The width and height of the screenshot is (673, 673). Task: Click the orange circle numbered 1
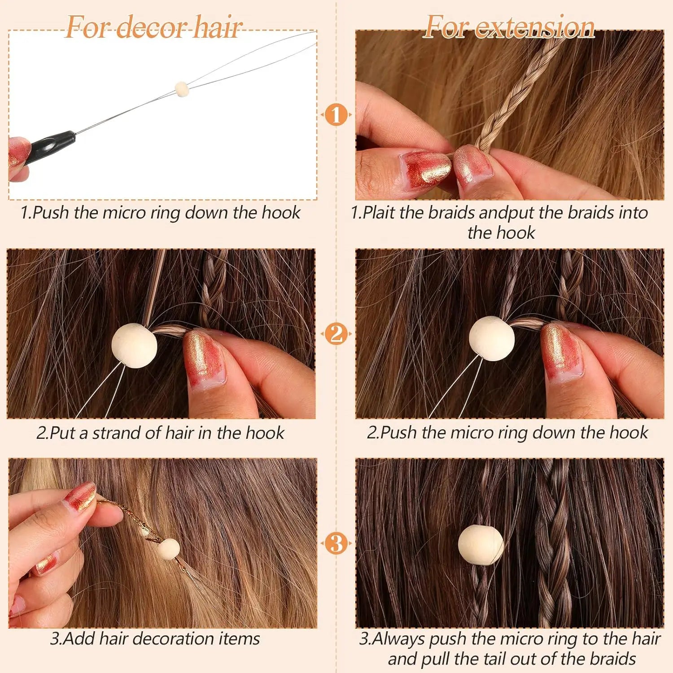pos(336,115)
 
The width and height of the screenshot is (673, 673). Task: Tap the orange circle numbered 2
pos(336,334)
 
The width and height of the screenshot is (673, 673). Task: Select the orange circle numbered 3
pos(336,543)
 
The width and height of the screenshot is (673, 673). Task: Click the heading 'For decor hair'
pos(154,27)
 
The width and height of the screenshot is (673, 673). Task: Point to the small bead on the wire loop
pos(181,89)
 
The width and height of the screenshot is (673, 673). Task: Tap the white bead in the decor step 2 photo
pos(134,345)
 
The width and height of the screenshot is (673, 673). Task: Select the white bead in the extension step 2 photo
pos(492,338)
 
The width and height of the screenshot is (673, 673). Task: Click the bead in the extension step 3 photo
pos(481,545)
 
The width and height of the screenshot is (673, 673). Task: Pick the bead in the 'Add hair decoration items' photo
pos(168,549)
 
